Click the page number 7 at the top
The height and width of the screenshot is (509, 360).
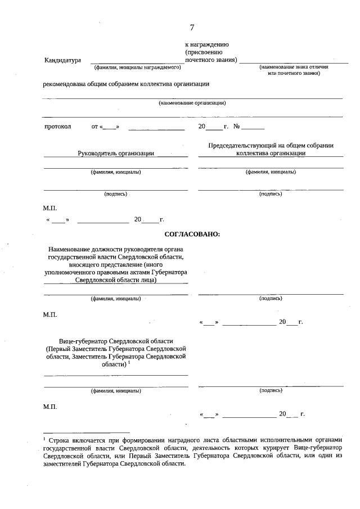point(192,27)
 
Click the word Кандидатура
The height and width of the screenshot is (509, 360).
point(62,60)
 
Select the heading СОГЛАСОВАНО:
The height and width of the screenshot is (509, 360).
point(192,233)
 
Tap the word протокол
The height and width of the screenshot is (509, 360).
point(58,127)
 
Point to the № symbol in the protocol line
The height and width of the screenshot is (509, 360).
point(237,127)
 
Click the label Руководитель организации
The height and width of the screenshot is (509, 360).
point(116,152)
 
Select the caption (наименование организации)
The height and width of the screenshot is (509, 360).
point(192,103)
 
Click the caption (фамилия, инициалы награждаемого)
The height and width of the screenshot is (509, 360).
point(137,67)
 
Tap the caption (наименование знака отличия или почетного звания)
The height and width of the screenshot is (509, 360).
point(294,70)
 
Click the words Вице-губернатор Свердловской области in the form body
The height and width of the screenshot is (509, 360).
point(116,341)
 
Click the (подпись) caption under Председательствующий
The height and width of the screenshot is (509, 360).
point(271,194)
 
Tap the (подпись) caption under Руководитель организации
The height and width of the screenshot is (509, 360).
point(116,194)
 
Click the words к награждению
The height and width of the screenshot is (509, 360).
point(206,44)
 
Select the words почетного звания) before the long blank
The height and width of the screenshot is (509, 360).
point(211,60)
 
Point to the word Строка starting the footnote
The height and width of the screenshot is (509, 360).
point(60,438)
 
